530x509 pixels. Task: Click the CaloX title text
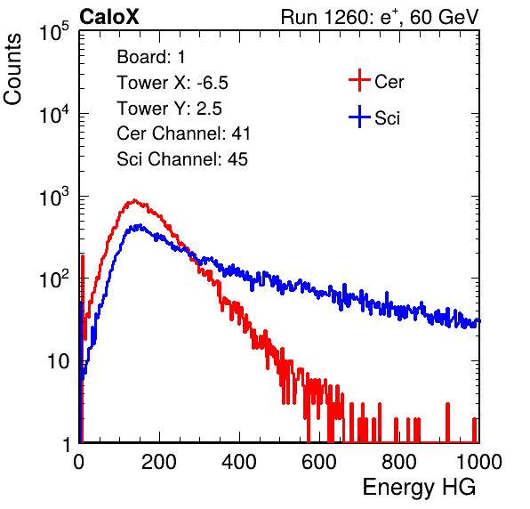108,17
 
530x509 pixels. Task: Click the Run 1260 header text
380,17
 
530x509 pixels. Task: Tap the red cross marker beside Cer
359,80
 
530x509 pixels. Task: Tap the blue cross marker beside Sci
359,117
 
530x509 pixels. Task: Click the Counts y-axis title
12,69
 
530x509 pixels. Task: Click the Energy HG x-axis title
419,488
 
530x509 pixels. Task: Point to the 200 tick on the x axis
159,462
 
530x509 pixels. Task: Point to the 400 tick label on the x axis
239,462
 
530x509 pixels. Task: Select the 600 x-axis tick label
319,462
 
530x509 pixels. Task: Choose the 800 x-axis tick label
399,462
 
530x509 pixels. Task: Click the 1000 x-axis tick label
478,462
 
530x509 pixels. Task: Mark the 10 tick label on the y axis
59,361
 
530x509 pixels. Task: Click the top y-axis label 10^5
54,31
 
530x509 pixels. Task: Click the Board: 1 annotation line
151,57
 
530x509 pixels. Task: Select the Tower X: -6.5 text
173,83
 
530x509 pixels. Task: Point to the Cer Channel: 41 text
183,133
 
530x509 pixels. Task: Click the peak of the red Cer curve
134,200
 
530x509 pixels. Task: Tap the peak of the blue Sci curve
139,226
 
